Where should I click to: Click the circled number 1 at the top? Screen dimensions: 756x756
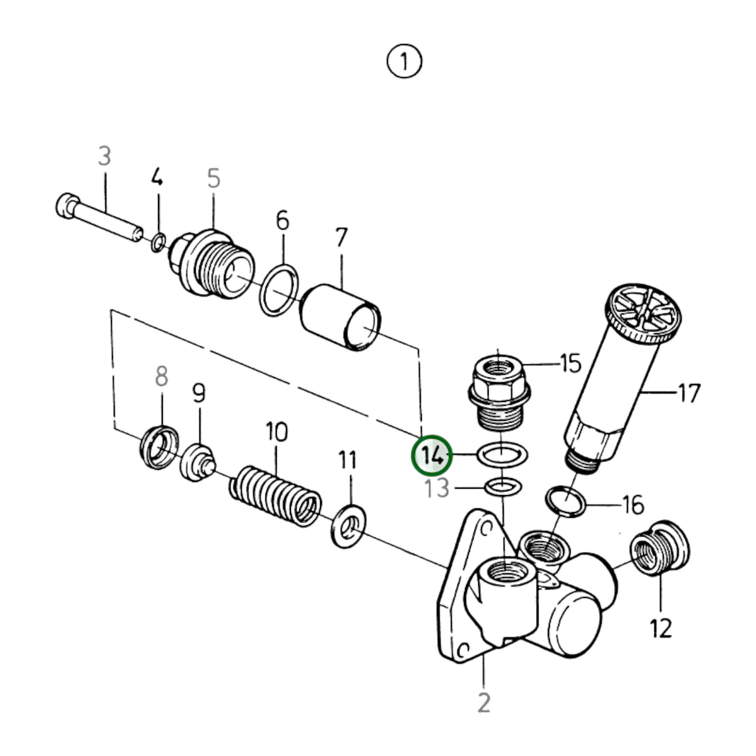click(404, 62)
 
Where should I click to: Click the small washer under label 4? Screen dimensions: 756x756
click(159, 243)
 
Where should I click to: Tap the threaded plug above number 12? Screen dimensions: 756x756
click(660, 548)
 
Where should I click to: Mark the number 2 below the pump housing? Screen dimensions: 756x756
click(484, 702)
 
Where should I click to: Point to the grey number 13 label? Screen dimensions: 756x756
click(437, 489)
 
